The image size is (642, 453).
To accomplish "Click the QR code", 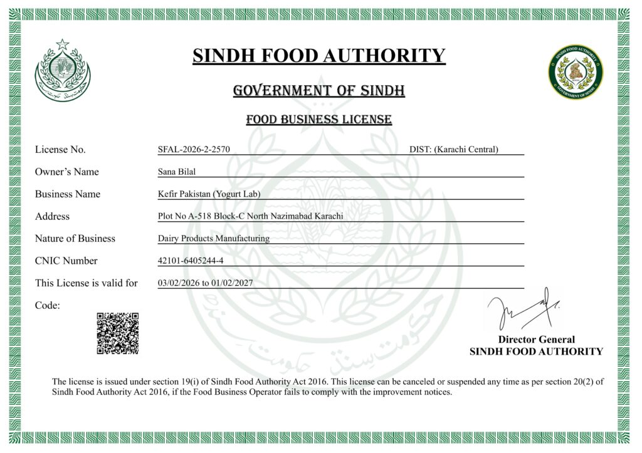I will click(117, 333).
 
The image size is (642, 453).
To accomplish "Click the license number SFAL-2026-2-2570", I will click(194, 149).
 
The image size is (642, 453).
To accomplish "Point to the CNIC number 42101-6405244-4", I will click(191, 261).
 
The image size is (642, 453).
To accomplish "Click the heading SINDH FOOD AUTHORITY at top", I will click(319, 56).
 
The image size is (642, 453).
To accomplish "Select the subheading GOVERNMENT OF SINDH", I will click(319, 91).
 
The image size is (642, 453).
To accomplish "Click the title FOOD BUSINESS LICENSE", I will click(319, 120).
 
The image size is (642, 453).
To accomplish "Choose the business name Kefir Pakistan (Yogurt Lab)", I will click(209, 194).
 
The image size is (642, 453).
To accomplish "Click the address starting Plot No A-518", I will click(251, 216).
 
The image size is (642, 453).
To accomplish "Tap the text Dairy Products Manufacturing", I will click(214, 239).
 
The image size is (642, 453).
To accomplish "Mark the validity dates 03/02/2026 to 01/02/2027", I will click(206, 283).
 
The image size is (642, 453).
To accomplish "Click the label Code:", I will click(48, 305).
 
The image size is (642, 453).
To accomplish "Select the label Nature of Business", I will click(75, 239).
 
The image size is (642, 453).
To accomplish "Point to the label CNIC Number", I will click(66, 261).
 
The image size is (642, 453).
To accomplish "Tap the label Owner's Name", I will click(67, 172).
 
